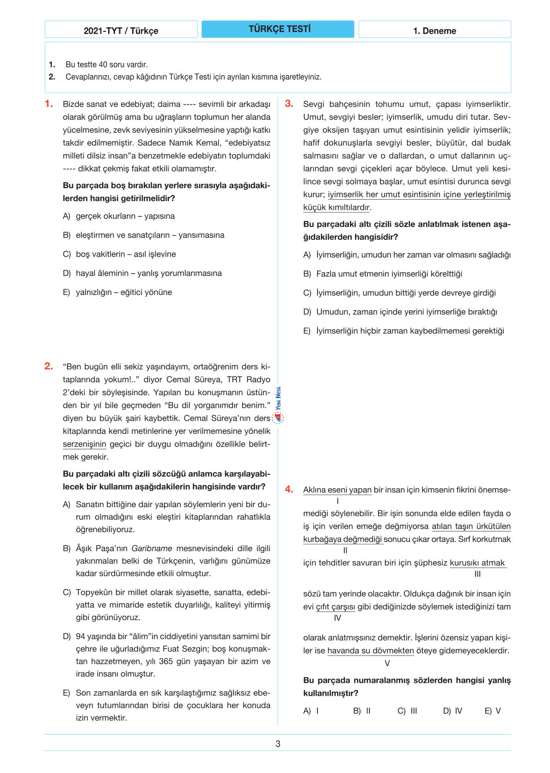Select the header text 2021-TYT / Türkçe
pyautogui.click(x=121, y=31)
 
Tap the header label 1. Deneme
pyautogui.click(x=434, y=31)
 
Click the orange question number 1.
pyautogui.click(x=49, y=104)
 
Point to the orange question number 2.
pyautogui.click(x=49, y=366)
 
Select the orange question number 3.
pyautogui.click(x=289, y=104)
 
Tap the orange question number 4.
pyautogui.click(x=289, y=489)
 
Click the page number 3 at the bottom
pyautogui.click(x=278, y=744)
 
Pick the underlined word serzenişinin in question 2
pyautogui.click(x=85, y=444)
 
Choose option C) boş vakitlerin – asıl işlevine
pyautogui.click(x=119, y=254)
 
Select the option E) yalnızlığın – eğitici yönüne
pyautogui.click(x=117, y=292)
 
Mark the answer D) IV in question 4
pyautogui.click(x=452, y=711)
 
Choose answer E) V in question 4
pyautogui.click(x=493, y=711)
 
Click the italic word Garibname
pyautogui.click(x=152, y=548)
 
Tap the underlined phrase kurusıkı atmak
pyautogui.click(x=477, y=563)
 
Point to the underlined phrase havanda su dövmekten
pyautogui.click(x=371, y=650)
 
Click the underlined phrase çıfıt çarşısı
pyautogui.click(x=336, y=607)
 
